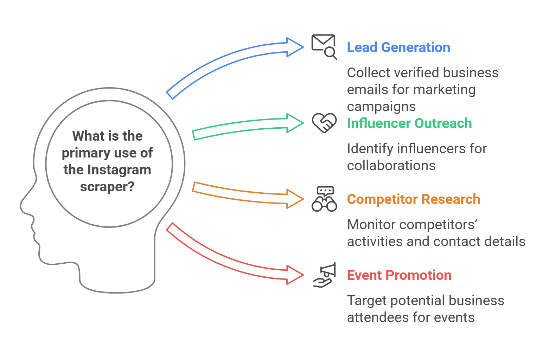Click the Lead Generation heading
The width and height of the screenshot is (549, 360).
(398, 47)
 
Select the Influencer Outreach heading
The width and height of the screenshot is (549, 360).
(409, 123)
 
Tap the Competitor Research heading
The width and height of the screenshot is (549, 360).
(413, 199)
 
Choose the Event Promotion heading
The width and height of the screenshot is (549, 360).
(399, 275)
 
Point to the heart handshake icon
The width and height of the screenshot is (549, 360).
(324, 123)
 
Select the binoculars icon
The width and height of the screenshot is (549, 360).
(324, 199)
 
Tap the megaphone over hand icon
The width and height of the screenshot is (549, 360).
(324, 275)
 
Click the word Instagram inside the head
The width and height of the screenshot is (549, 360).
(119, 170)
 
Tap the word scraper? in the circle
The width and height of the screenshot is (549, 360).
(107, 187)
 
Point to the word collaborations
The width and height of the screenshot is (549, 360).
(391, 166)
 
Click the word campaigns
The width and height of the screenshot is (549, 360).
(381, 107)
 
